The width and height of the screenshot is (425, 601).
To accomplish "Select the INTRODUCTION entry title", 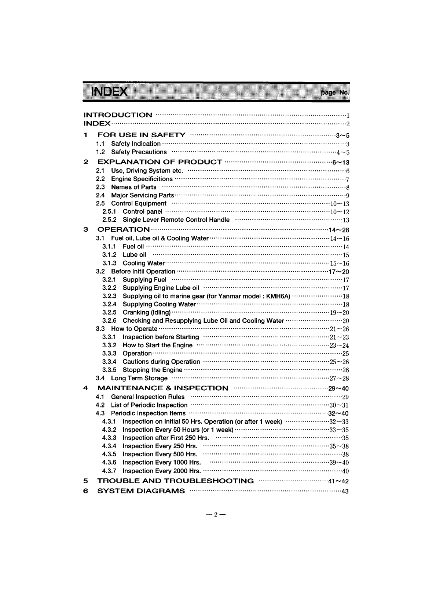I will pyautogui.click(x=118, y=115).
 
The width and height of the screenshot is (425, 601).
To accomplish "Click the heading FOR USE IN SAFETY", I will pyautogui.click(x=141, y=135).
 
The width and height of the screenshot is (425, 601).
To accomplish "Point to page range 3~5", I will pyautogui.click(x=342, y=135).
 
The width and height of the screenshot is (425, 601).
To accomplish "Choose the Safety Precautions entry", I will pyautogui.click(x=139, y=152).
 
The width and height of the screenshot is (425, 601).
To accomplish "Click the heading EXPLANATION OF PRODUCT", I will pyautogui.click(x=160, y=162).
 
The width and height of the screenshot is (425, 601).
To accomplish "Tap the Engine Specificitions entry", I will pyautogui.click(x=142, y=179).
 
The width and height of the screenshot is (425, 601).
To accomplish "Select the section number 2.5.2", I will pyautogui.click(x=109, y=220).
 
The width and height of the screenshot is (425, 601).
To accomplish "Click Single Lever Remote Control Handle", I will pyautogui.click(x=176, y=220).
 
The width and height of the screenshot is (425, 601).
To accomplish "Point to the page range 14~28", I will pyautogui.click(x=340, y=230).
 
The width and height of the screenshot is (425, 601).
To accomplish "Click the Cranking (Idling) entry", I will pyautogui.click(x=146, y=312).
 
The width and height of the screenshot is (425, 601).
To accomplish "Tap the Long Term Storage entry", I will pyautogui.click(x=139, y=378).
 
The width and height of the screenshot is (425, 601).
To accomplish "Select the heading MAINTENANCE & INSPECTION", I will pyautogui.click(x=162, y=388).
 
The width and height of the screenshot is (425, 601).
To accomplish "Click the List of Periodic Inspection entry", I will pyautogui.click(x=149, y=405).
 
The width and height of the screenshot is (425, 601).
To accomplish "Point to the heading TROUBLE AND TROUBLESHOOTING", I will pyautogui.click(x=175, y=481).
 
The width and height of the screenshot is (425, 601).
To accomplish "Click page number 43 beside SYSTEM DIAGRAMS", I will pyautogui.click(x=345, y=491).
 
